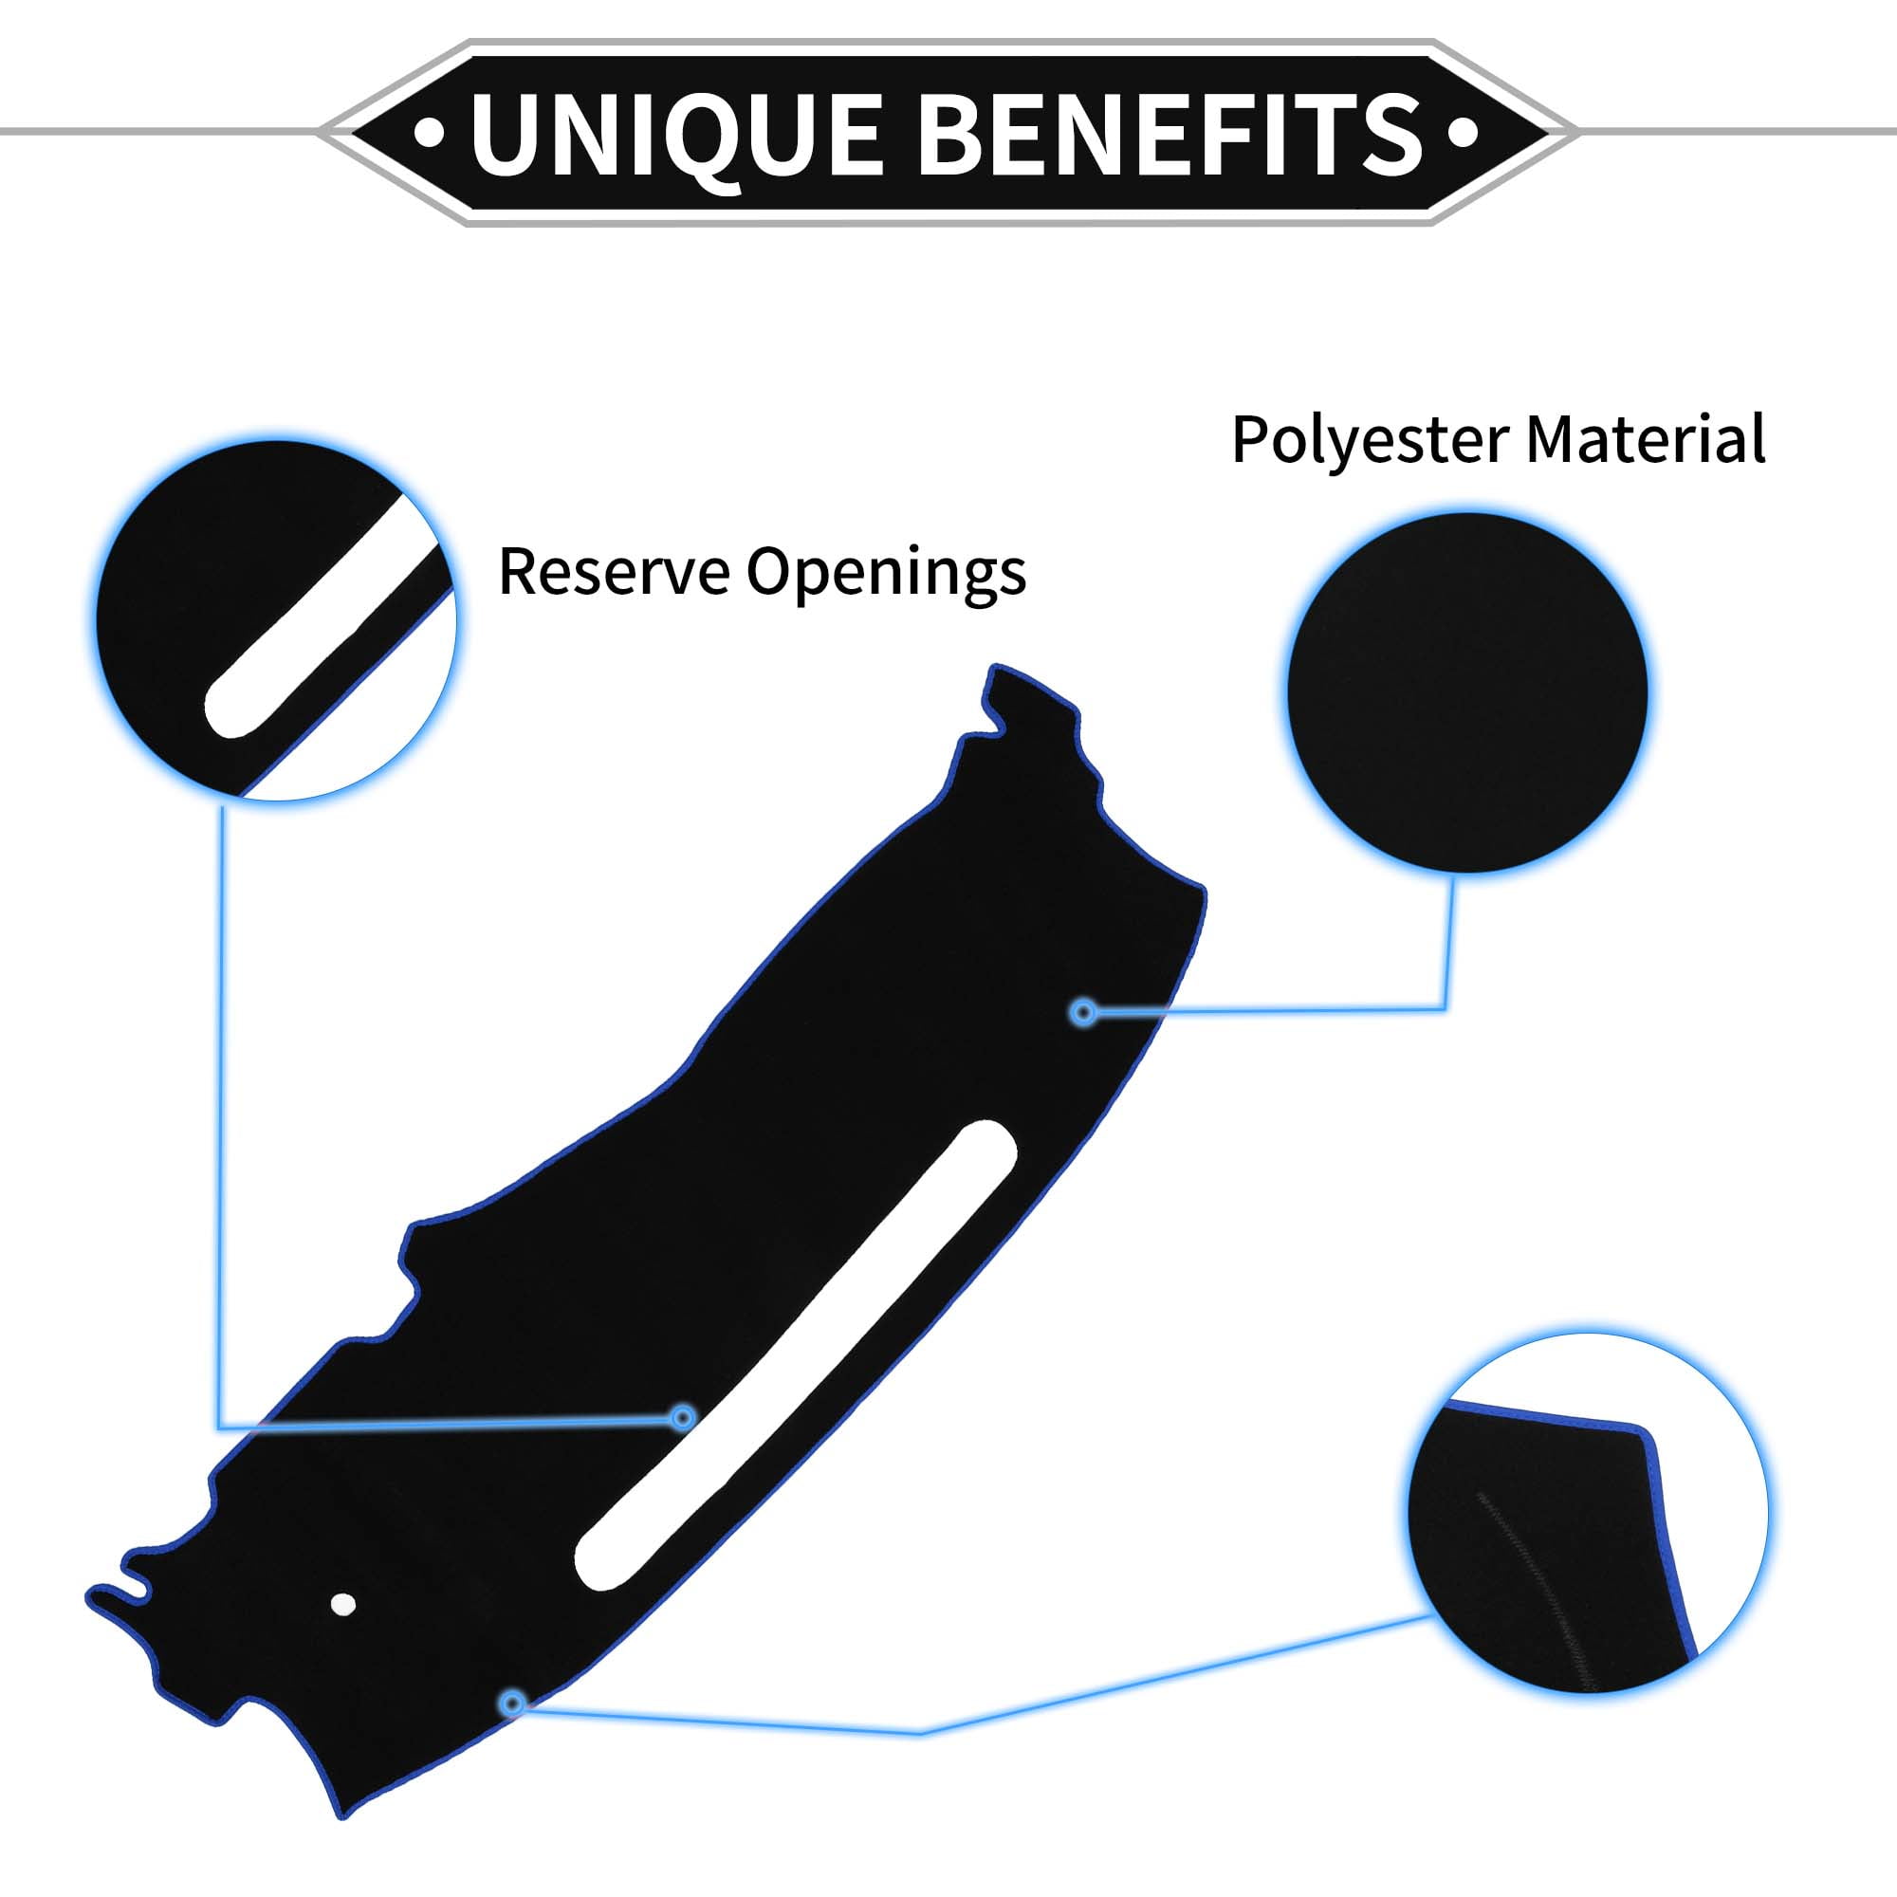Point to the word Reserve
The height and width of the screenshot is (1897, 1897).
click(x=613, y=570)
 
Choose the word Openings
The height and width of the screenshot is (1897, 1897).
click(x=886, y=575)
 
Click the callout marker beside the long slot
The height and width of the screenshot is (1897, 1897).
click(x=682, y=1418)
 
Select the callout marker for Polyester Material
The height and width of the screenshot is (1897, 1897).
click(x=1084, y=1011)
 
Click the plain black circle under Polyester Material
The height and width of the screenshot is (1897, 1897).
click(x=1468, y=692)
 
